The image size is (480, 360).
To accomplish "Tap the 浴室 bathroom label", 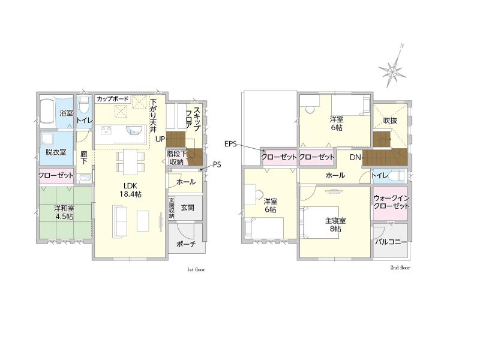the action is [x=67, y=113].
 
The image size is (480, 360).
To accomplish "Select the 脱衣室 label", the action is [x=56, y=152].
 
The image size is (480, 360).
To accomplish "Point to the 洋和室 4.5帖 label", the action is [x=64, y=212].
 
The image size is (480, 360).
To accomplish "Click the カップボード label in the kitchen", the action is [x=113, y=99].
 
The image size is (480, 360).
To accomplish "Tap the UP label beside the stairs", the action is [x=160, y=139].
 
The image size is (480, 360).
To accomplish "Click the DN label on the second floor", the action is [x=355, y=157].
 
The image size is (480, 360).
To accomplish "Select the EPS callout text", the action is [x=230, y=143].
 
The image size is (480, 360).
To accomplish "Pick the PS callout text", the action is [x=217, y=164].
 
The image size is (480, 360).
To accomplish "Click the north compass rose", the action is [x=393, y=71].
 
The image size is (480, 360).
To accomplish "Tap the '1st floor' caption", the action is [x=196, y=269].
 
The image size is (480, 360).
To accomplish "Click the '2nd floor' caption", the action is [x=400, y=268].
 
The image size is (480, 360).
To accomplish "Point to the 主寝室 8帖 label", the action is [x=335, y=224].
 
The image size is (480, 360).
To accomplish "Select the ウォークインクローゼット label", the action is [x=391, y=202].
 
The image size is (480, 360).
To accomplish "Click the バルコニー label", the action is [x=391, y=242].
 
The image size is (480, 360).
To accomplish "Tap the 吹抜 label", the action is [x=390, y=121].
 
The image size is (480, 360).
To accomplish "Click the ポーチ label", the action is [x=186, y=244].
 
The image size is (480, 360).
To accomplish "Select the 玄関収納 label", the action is [x=172, y=208].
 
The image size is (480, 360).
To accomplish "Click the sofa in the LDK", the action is [x=119, y=221].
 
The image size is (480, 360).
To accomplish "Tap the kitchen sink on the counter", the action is [x=134, y=130].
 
